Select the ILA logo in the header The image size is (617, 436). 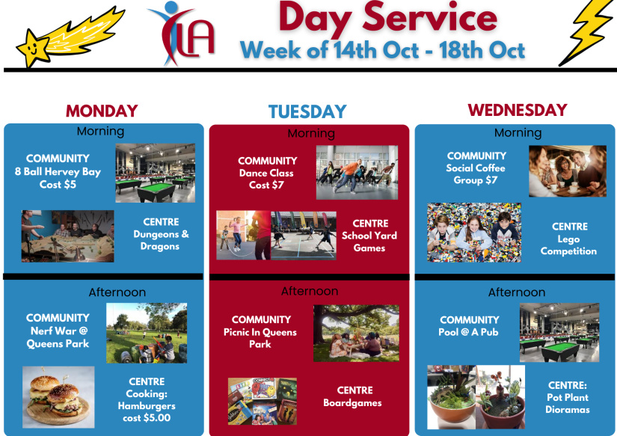point(182,34)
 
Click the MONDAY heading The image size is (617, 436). point(102,111)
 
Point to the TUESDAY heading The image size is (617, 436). point(307,111)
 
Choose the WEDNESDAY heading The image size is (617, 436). point(518,110)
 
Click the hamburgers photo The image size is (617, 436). point(58,397)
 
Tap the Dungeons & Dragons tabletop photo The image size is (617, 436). point(67,236)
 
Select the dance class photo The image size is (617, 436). point(357,172)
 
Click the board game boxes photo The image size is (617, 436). point(263,402)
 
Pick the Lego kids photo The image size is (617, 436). point(474,233)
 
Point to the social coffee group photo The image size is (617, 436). point(568,171)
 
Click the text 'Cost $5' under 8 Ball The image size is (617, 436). point(58,185)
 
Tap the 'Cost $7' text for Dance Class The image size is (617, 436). point(266,185)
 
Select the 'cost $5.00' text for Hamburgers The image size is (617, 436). point(147,418)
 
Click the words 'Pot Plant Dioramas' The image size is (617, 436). point(568,403)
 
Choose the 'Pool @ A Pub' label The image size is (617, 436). point(469,332)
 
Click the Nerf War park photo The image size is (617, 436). point(147,333)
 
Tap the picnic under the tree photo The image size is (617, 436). point(356,334)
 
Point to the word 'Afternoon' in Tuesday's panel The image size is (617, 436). point(310,291)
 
